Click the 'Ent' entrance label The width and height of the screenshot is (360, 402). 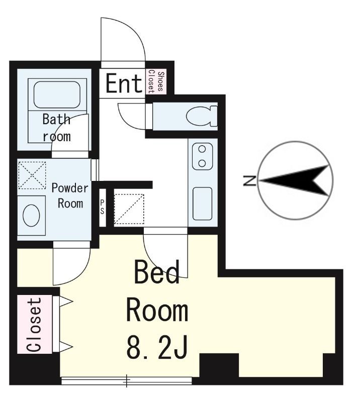124,83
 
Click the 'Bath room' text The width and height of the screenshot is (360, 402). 56,128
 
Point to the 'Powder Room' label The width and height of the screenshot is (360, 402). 70,195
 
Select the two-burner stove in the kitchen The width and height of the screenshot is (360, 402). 203,156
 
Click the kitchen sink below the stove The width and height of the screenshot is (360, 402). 203,204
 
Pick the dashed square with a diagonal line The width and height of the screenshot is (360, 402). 129,208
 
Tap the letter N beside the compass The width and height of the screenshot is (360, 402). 248,180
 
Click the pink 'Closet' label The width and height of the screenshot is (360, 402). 34,325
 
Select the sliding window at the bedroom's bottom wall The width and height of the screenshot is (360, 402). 126,381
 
